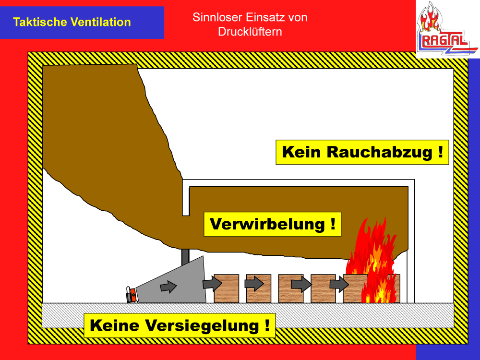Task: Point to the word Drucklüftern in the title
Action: click(x=250, y=32)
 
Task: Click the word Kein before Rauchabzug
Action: click(x=301, y=153)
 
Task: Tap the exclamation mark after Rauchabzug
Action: click(x=440, y=153)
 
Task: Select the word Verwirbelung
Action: click(x=268, y=225)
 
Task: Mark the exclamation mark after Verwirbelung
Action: click(x=333, y=225)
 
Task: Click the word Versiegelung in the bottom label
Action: click(x=209, y=326)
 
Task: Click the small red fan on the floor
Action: click(x=131, y=294)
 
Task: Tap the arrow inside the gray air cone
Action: click(x=168, y=287)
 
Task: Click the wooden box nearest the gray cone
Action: click(x=227, y=288)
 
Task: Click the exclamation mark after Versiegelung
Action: click(x=266, y=326)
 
